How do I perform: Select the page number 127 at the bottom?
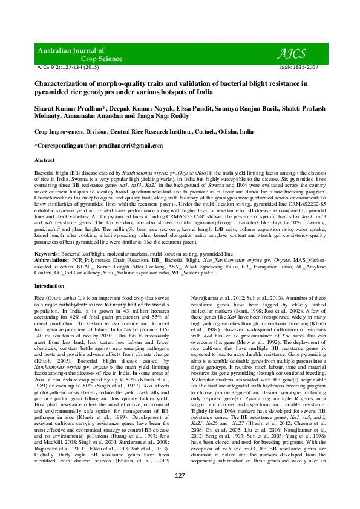tap(180, 493)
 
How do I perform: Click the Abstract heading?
tap(44, 160)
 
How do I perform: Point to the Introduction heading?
tap(49, 285)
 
